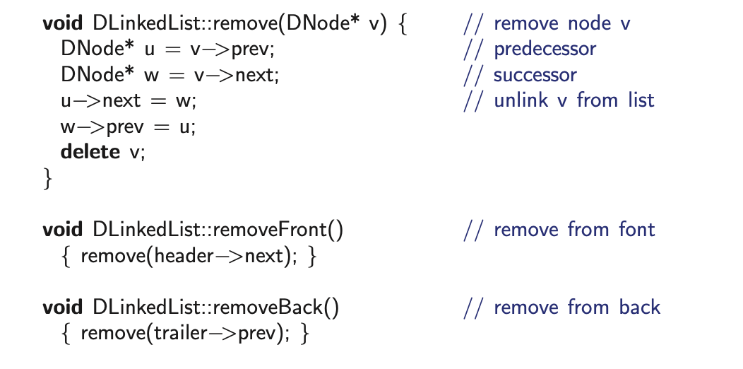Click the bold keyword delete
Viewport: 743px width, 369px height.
(x=90, y=152)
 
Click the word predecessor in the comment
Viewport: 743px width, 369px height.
(x=545, y=49)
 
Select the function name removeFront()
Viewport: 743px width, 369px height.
(x=278, y=230)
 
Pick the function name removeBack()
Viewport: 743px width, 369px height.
(x=276, y=307)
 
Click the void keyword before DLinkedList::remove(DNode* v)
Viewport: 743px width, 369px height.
(x=63, y=23)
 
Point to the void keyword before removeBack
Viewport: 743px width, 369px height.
(x=63, y=307)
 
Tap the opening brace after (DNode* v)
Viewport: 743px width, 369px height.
(x=403, y=24)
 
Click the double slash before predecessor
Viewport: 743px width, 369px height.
(x=474, y=49)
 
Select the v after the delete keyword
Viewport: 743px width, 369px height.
(x=136, y=153)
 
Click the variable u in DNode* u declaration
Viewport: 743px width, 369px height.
(x=150, y=49)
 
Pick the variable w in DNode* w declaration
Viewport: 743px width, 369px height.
(x=151, y=76)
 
